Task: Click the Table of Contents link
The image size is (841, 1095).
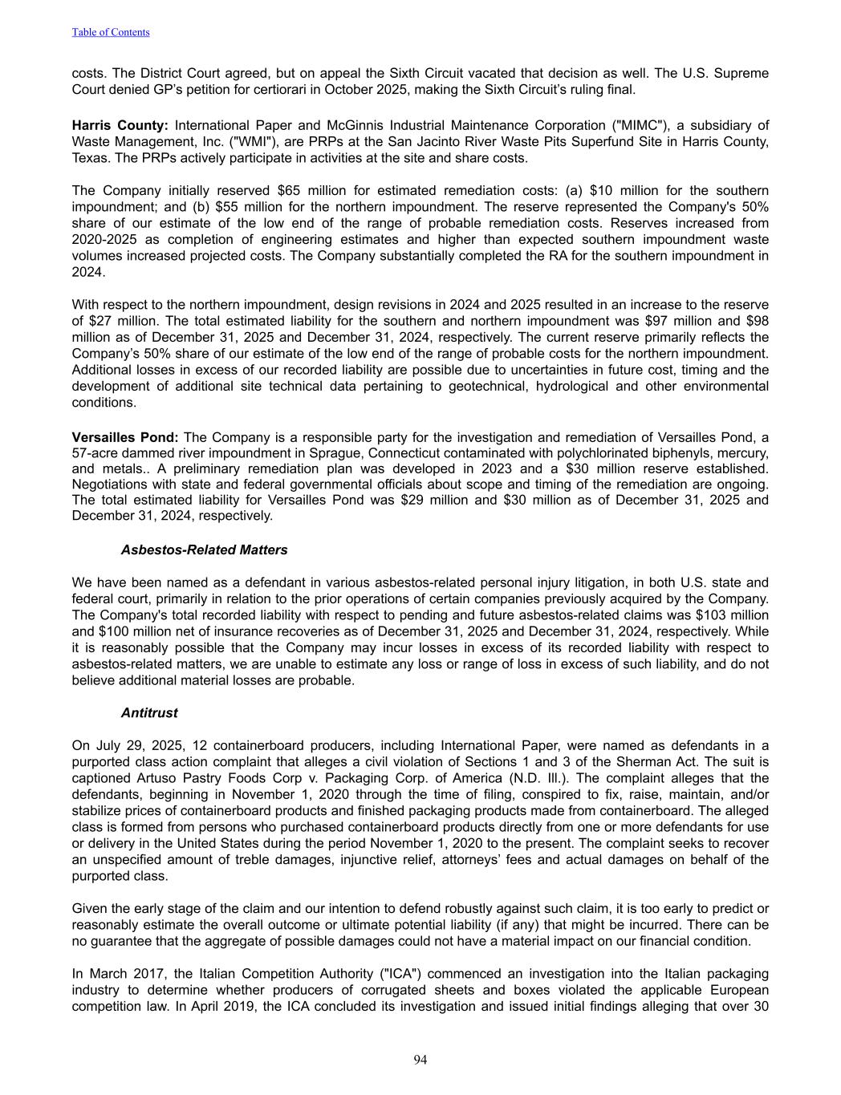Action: (x=111, y=32)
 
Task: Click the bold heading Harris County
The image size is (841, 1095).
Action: (x=120, y=125)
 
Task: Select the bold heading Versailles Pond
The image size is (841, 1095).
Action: (x=124, y=437)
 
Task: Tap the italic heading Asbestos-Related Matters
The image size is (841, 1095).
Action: (x=204, y=550)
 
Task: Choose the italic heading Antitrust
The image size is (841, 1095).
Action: (x=149, y=713)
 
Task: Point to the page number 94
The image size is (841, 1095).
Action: (x=420, y=1061)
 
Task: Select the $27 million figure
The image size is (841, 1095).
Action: (x=108, y=321)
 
